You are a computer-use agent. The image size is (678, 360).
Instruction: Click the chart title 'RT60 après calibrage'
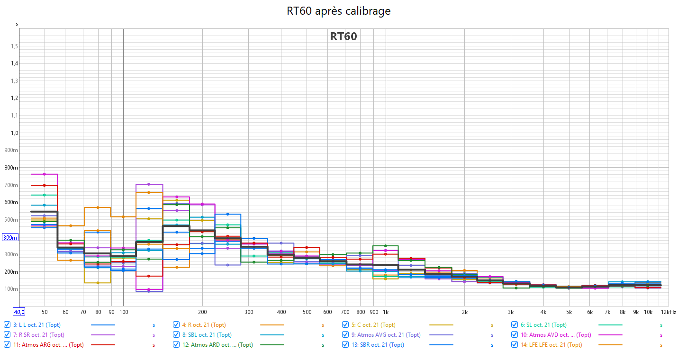339,11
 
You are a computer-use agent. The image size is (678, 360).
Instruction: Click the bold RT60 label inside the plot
343,36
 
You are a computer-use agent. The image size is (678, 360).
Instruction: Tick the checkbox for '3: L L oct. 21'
7,325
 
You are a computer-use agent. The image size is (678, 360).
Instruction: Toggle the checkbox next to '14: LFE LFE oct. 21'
515,345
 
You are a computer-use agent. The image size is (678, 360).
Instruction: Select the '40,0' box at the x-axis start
19,312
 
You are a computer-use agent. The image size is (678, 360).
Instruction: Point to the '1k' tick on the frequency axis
386,312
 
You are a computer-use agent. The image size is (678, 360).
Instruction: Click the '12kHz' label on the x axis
669,312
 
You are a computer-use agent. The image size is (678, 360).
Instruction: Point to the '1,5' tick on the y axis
15,46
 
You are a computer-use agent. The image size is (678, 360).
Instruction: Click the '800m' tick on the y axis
12,168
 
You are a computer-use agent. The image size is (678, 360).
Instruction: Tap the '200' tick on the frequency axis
202,312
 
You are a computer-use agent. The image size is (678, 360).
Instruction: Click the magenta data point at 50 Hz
45,174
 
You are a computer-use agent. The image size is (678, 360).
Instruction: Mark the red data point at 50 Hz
45,185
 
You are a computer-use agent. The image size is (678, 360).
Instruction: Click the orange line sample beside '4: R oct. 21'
272,325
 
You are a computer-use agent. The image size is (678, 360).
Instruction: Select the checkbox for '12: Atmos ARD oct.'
176,345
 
